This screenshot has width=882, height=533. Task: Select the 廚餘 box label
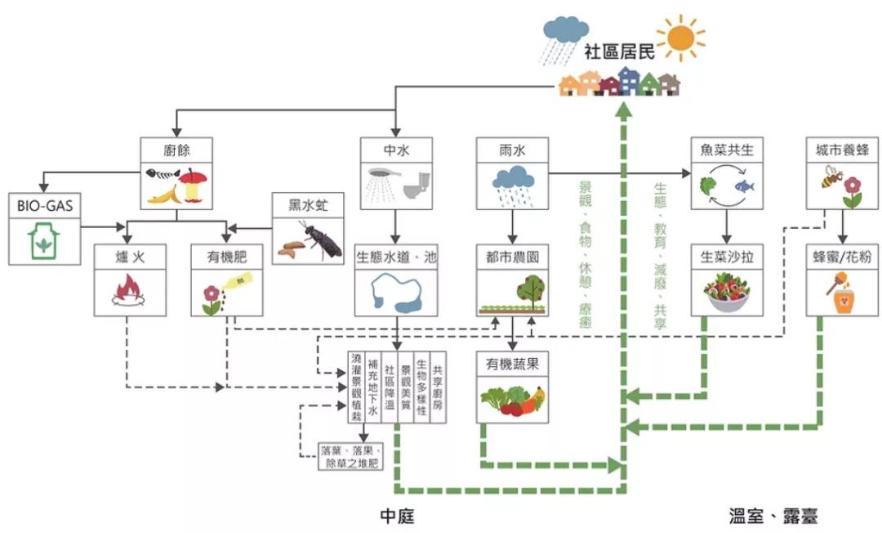pyautogui.click(x=176, y=149)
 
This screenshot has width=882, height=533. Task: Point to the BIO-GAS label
pyautogui.click(x=45, y=205)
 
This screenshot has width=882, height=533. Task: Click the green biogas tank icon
pyautogui.click(x=46, y=241)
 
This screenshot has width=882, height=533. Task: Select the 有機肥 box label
pyautogui.click(x=225, y=257)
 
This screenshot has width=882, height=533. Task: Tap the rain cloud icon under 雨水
pyautogui.click(x=512, y=184)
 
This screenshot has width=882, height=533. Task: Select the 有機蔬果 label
pyautogui.click(x=512, y=364)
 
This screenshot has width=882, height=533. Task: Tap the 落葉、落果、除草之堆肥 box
pyautogui.click(x=351, y=457)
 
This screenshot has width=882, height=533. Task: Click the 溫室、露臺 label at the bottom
pyautogui.click(x=773, y=515)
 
